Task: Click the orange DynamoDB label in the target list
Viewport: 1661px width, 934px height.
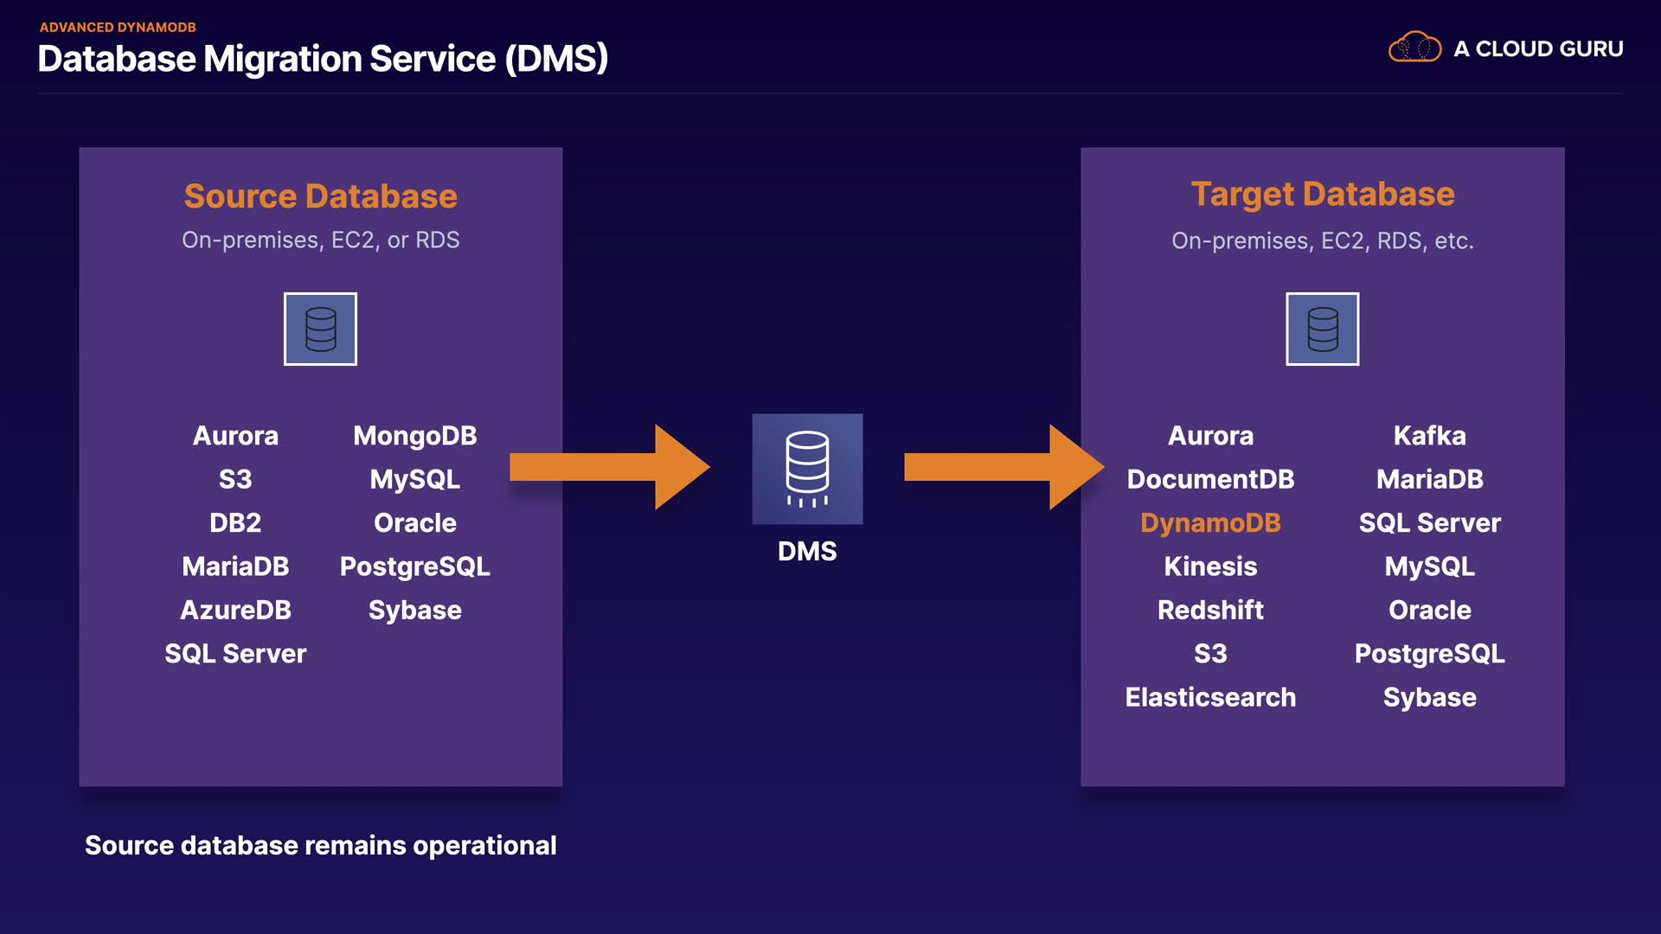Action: point(1210,523)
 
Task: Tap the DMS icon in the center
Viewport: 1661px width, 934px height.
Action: point(807,469)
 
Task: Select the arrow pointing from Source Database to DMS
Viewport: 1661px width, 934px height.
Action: point(610,467)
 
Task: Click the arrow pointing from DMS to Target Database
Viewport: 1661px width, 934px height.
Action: point(1004,467)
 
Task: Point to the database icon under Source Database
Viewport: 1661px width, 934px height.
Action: point(320,329)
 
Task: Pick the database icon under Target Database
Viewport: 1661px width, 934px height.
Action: point(1322,329)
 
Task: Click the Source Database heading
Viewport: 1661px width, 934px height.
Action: point(320,196)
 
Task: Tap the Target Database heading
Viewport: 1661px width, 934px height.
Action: point(1322,195)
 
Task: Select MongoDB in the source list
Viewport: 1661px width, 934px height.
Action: point(414,436)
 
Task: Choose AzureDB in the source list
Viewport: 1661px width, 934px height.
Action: point(235,611)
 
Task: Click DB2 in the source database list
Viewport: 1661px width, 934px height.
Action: point(235,523)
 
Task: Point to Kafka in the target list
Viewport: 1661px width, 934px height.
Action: point(1429,436)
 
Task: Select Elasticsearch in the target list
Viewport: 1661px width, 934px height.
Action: point(1210,698)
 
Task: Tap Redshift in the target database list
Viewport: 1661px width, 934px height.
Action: point(1210,611)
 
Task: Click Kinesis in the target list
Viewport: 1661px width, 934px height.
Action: point(1210,566)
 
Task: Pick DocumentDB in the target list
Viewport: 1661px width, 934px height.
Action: point(1210,479)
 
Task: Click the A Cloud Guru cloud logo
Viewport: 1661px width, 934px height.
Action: point(1414,48)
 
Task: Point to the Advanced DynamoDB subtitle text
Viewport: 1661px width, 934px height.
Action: point(118,28)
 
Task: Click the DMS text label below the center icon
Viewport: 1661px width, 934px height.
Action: point(807,552)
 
